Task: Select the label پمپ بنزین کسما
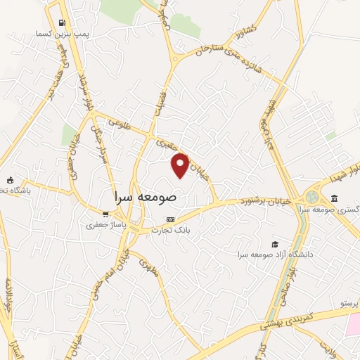[63, 34]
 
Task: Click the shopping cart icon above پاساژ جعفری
[105, 214]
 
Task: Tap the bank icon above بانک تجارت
[169, 219]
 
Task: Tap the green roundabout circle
[312, 197]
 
